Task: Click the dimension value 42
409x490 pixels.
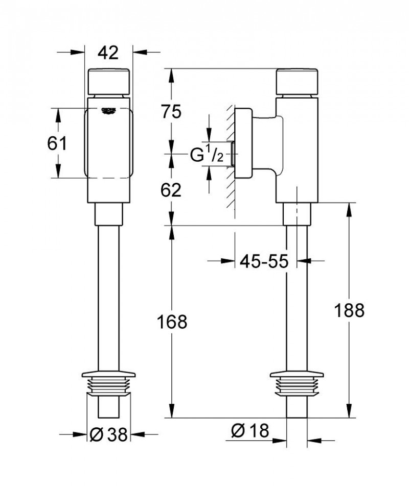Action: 108,52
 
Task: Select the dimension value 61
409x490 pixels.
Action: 56,144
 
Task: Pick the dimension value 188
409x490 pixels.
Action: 349,310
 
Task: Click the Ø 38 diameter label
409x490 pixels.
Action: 108,434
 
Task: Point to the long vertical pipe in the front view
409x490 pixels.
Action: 108,296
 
